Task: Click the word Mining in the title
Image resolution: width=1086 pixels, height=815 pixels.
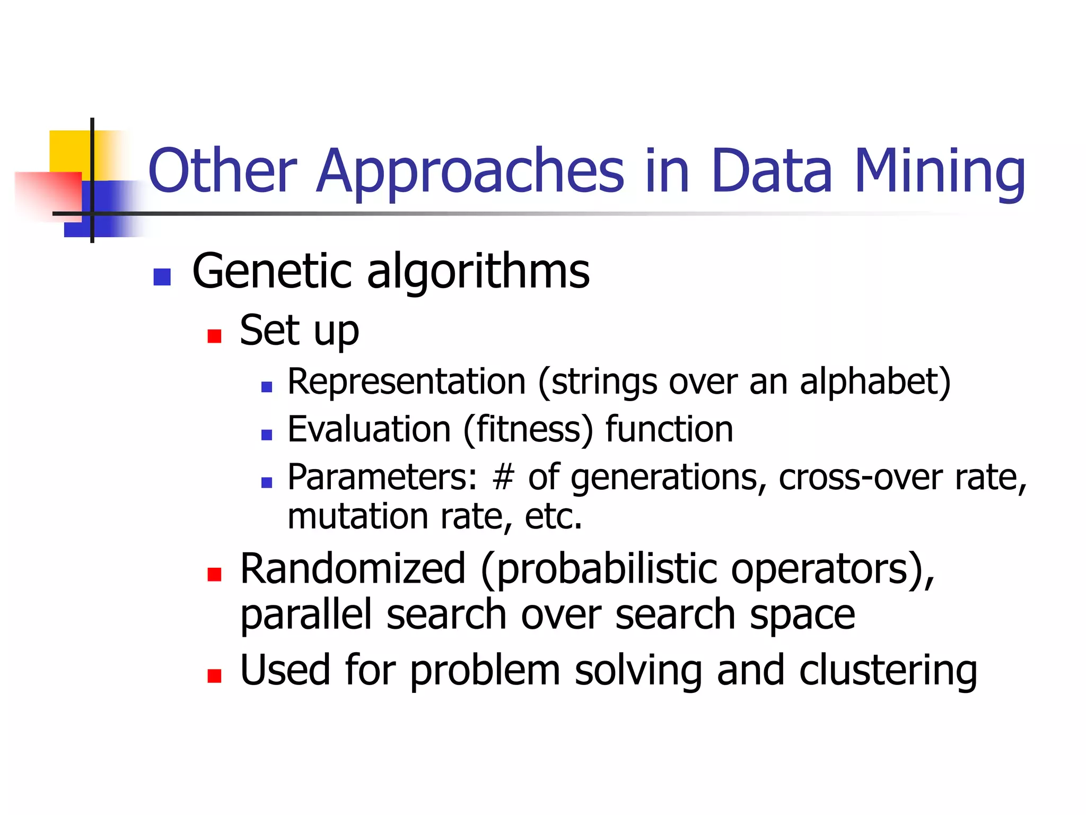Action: pos(940,171)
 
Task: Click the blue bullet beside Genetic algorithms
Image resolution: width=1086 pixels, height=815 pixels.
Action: pos(162,276)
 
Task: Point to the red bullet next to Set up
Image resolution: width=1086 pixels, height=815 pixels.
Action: pos(214,336)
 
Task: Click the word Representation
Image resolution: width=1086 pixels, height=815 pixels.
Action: pos(406,382)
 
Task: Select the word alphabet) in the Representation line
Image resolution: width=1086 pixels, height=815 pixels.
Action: pos(875,382)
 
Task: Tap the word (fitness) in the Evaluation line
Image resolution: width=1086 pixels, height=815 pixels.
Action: pos(528,429)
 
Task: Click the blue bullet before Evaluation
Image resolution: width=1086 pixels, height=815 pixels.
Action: pos(267,435)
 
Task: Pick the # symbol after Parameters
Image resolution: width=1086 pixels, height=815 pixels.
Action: pos(503,477)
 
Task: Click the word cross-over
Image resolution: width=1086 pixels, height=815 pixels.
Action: pos(860,477)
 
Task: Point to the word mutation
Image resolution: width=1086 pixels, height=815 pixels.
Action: pos(357,516)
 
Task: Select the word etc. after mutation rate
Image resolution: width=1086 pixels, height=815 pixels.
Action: pos(553,516)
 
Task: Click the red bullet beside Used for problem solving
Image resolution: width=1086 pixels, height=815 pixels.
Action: pos(214,675)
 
